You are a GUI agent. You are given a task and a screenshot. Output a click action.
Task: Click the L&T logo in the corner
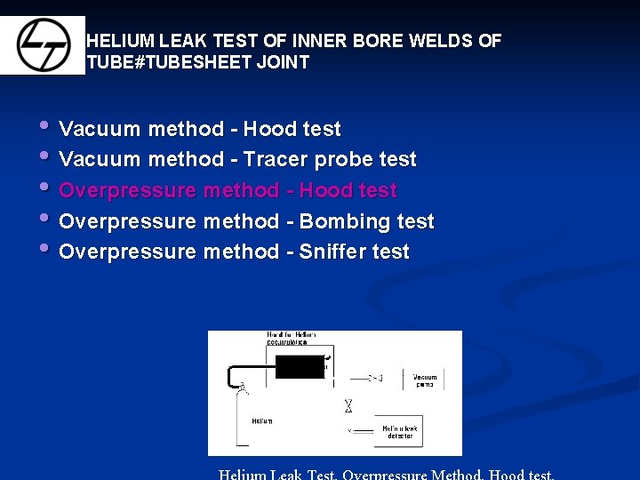click(x=43, y=45)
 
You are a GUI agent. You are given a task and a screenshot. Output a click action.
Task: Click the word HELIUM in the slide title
click(x=121, y=41)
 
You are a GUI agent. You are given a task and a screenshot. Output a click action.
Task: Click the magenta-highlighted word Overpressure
click(x=128, y=191)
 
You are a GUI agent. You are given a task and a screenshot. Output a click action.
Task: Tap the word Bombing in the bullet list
click(x=334, y=221)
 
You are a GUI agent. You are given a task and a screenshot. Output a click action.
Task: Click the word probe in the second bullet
click(x=344, y=160)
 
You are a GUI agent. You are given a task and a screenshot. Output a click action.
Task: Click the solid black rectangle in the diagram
click(x=299, y=366)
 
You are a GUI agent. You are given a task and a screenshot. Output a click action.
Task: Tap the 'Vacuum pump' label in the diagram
click(x=425, y=379)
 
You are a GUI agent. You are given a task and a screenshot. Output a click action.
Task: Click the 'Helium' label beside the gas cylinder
click(x=262, y=420)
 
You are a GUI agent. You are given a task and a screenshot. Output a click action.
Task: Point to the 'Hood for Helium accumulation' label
click(x=291, y=338)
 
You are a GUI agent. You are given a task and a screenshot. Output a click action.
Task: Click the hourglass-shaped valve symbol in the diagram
click(x=348, y=405)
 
